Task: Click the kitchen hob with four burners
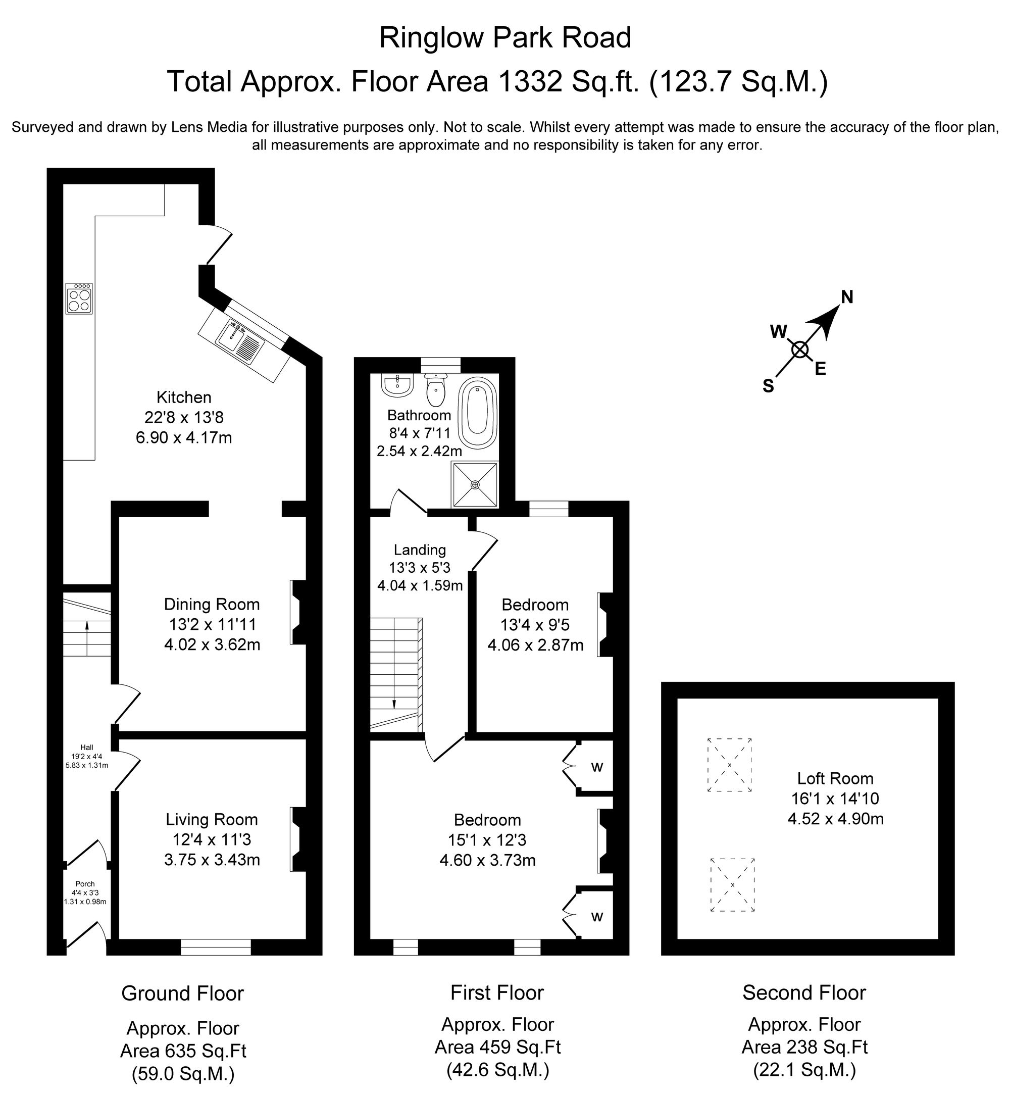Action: click(79, 298)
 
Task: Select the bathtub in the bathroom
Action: click(477, 413)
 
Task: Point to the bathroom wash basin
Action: click(398, 385)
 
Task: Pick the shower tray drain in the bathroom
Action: click(475, 485)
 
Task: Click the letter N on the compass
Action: click(846, 297)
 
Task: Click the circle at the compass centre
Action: click(800, 350)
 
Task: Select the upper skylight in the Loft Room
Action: click(729, 765)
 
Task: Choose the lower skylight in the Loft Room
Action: click(732, 884)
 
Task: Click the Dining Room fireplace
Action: click(298, 612)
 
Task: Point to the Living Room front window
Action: click(216, 947)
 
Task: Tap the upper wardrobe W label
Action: click(597, 768)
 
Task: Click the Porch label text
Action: click(85, 884)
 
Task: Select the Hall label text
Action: click(87, 748)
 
